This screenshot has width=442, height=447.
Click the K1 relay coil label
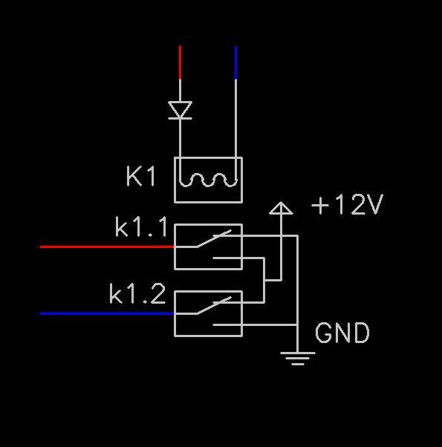140,176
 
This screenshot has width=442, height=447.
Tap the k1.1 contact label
141,227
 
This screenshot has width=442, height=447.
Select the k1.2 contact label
137,293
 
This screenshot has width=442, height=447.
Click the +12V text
347,204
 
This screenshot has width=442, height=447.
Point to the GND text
342,333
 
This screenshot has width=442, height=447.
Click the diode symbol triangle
180,109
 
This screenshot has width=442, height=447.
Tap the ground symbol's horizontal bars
298,359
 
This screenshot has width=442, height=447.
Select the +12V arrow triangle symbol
281,208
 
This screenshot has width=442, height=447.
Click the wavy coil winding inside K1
208,180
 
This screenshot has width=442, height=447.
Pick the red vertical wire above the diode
180,62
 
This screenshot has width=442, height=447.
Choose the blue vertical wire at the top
235,62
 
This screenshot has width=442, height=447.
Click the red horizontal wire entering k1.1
107,247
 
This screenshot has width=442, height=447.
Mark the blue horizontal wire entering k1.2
107,313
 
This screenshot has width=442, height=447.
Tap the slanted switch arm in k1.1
214,238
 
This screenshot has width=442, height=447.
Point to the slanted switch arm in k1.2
214,305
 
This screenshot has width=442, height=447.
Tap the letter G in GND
323,333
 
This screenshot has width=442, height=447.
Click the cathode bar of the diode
180,118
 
